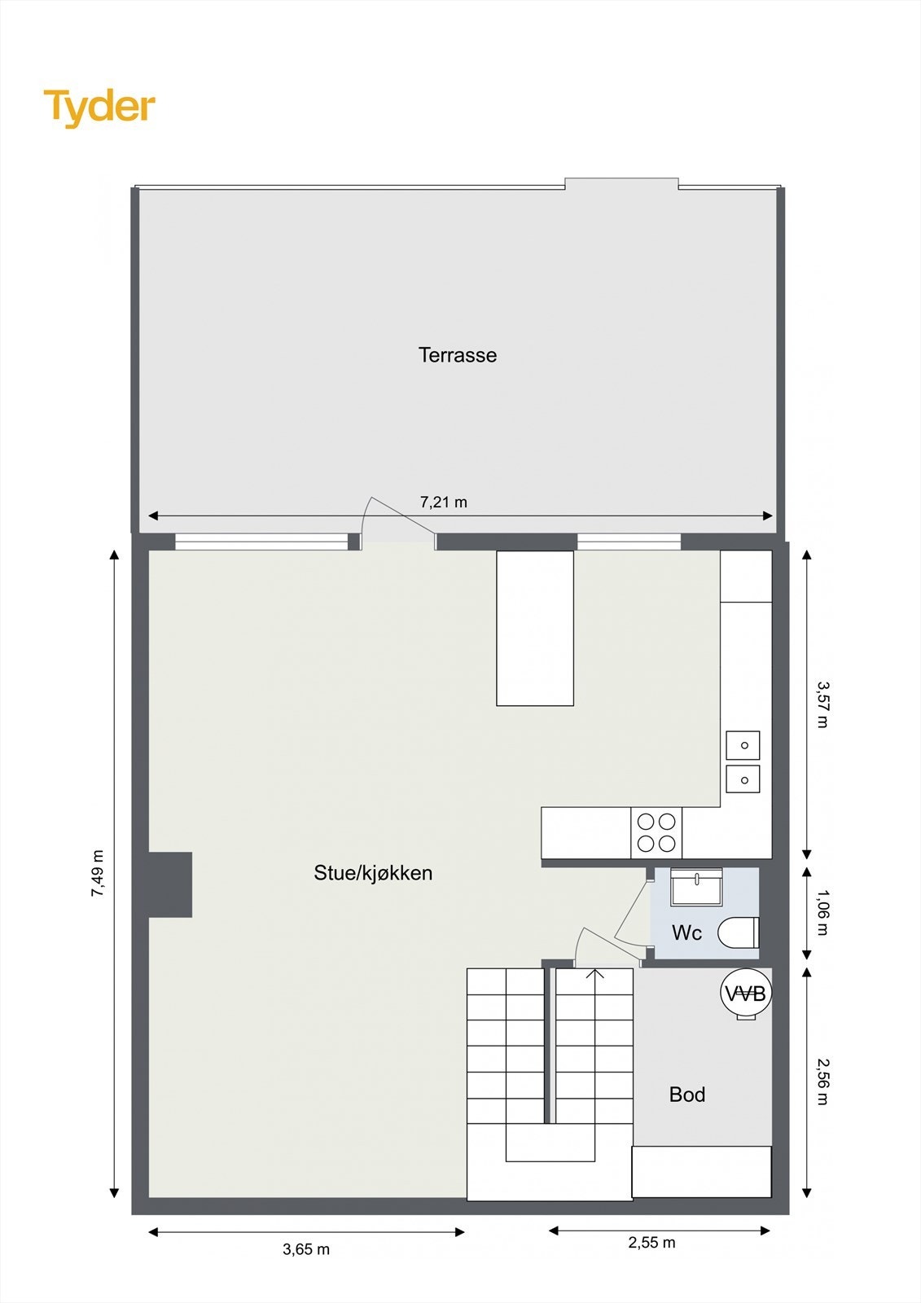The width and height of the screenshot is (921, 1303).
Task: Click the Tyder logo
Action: [99, 107]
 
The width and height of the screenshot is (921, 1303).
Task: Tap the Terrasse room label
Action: [457, 355]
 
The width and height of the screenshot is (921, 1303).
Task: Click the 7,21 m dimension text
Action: [444, 502]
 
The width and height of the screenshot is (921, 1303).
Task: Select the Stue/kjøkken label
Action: [373, 873]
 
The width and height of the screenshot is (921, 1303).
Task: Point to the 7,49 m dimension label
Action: [98, 874]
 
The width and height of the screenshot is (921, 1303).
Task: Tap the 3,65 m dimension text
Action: [306, 1249]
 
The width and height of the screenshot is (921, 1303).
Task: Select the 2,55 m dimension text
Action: [651, 1243]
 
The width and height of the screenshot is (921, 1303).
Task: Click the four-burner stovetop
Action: [656, 832]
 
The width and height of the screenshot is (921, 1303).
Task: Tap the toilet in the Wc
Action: [739, 932]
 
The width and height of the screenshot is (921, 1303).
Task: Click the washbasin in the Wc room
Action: [696, 887]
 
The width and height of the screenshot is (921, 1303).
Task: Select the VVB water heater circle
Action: [746, 994]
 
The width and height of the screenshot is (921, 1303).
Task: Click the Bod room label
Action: [686, 1095]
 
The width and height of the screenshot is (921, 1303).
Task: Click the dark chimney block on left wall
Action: [171, 884]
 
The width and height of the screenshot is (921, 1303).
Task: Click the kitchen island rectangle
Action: [535, 628]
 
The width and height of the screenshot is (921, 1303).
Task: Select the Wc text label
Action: [686, 933]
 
